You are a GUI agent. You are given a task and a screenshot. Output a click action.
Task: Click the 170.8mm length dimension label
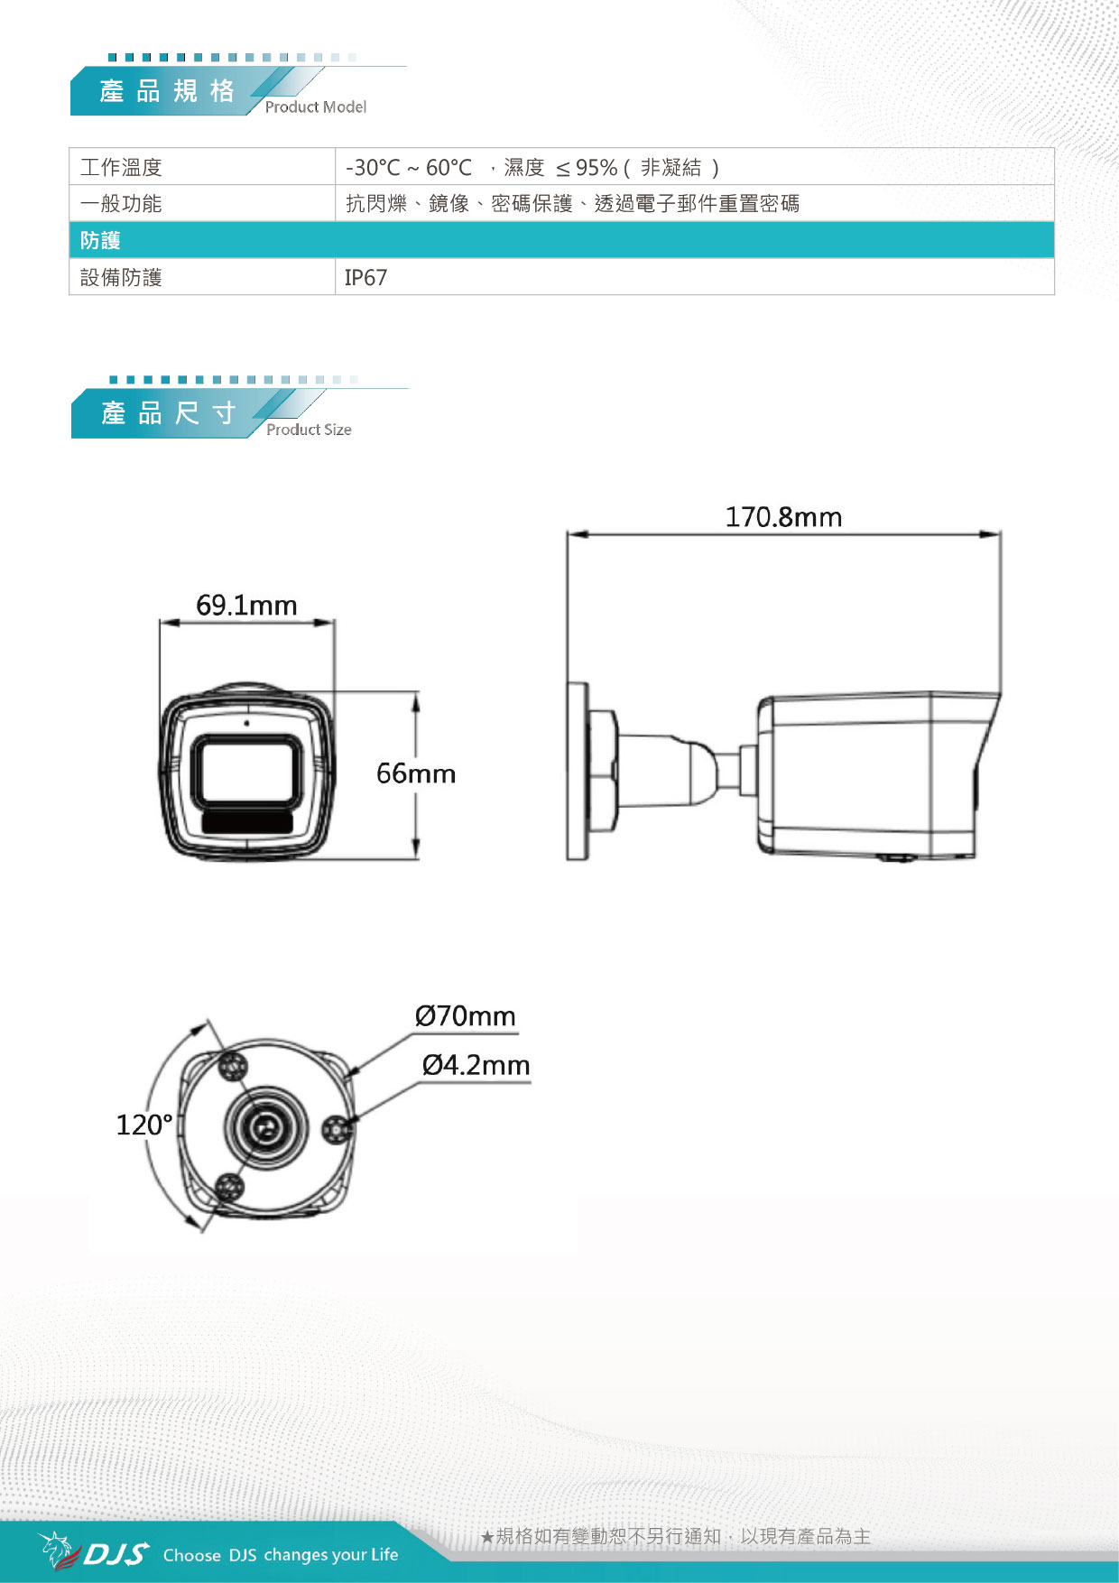pyautogui.click(x=783, y=517)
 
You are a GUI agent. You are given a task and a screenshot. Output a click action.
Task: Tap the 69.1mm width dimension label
pyautogui.click(x=246, y=605)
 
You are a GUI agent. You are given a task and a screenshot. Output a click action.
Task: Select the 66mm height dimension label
pyautogui.click(x=416, y=773)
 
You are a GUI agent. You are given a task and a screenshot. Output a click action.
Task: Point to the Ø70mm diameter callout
pyautogui.click(x=466, y=1016)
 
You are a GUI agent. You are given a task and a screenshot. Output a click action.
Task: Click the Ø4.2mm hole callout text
pyautogui.click(x=476, y=1065)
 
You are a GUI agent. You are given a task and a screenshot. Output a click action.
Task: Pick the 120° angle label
pyautogui.click(x=144, y=1125)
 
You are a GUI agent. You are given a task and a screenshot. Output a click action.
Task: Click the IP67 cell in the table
pyautogui.click(x=365, y=278)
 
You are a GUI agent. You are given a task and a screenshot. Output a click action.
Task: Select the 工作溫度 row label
pyautogui.click(x=121, y=167)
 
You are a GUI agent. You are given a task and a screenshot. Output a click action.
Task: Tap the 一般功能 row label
pyautogui.click(x=121, y=204)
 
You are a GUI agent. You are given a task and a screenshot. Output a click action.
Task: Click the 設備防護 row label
pyautogui.click(x=121, y=278)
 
